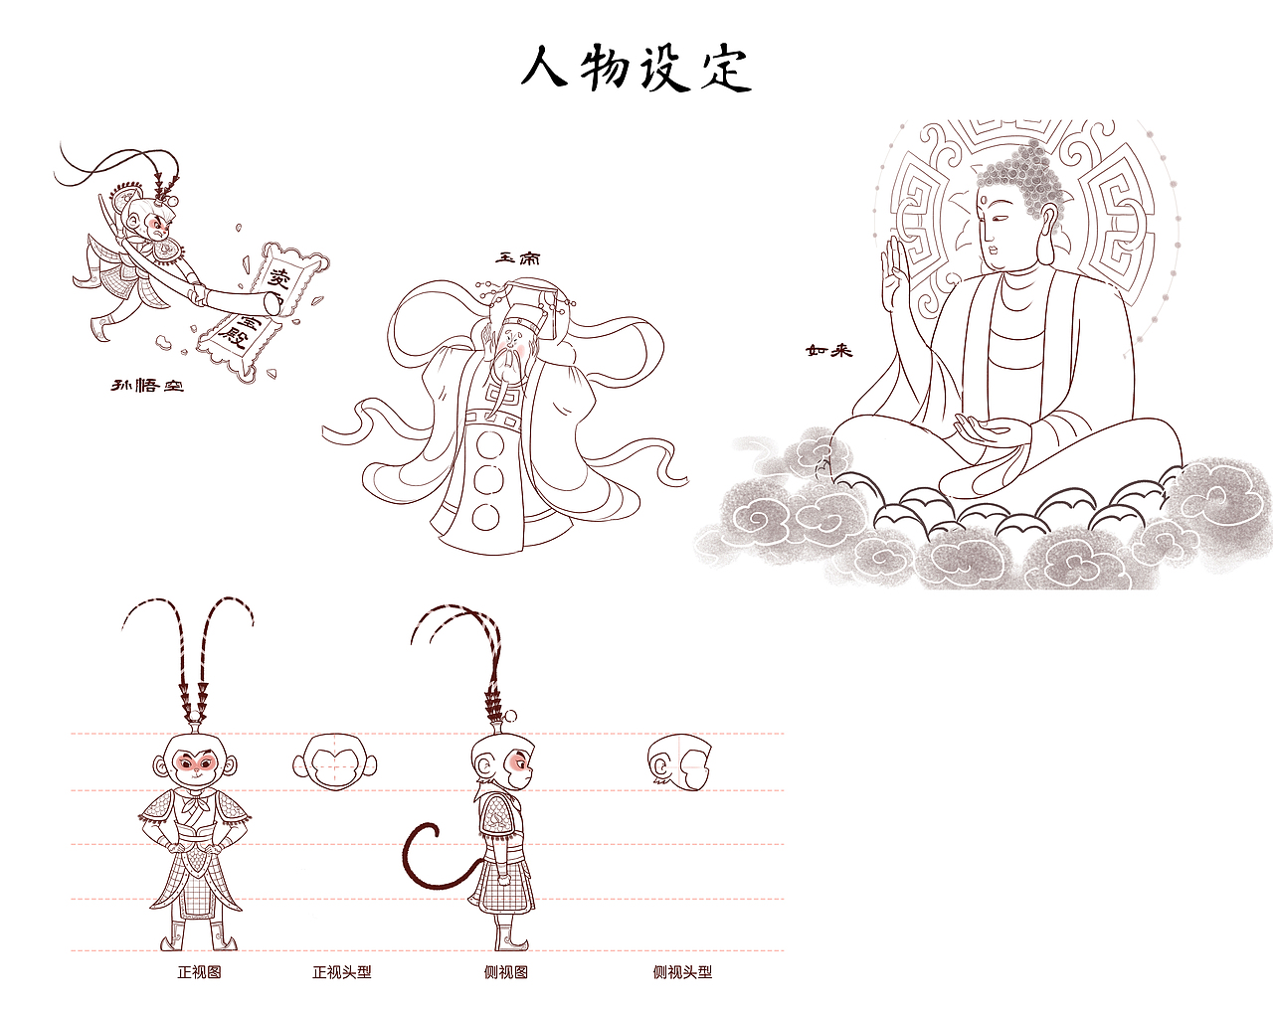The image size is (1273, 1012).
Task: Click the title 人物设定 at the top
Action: (636, 68)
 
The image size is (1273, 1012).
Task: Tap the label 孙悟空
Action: (147, 385)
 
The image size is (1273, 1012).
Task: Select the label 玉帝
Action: (518, 258)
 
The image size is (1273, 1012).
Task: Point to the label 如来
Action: (828, 350)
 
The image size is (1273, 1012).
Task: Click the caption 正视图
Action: (199, 972)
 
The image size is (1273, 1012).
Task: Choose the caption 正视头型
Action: (341, 972)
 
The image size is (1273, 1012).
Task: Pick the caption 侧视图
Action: (505, 972)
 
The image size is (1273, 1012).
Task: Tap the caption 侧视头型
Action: (682, 972)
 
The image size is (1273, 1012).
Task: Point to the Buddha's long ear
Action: (1048, 235)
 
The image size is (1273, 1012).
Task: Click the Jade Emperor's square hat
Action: (531, 299)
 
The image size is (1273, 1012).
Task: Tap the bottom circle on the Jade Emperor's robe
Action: (485, 517)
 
